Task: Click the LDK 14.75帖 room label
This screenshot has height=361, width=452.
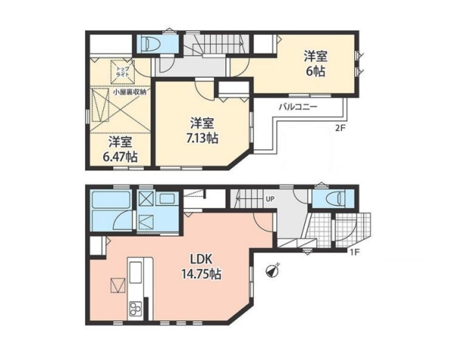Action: tap(201, 267)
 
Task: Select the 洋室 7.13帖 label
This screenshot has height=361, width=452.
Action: tap(202, 131)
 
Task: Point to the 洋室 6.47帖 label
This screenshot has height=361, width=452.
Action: tap(121, 149)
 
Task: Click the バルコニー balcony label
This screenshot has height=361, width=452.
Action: tap(298, 107)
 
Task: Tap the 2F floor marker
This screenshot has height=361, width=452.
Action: tap(340, 129)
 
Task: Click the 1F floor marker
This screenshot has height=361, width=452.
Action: tap(355, 252)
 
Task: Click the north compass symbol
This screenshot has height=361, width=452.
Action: tap(272, 271)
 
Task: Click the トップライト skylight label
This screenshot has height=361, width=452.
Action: tap(123, 72)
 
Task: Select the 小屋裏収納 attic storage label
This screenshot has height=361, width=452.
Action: tap(130, 92)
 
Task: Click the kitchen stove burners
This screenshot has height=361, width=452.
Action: tap(135, 308)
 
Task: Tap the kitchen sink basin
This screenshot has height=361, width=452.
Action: tap(136, 272)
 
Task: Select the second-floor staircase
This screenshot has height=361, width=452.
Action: tap(218, 44)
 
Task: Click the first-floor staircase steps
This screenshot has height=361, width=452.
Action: tap(248, 198)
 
